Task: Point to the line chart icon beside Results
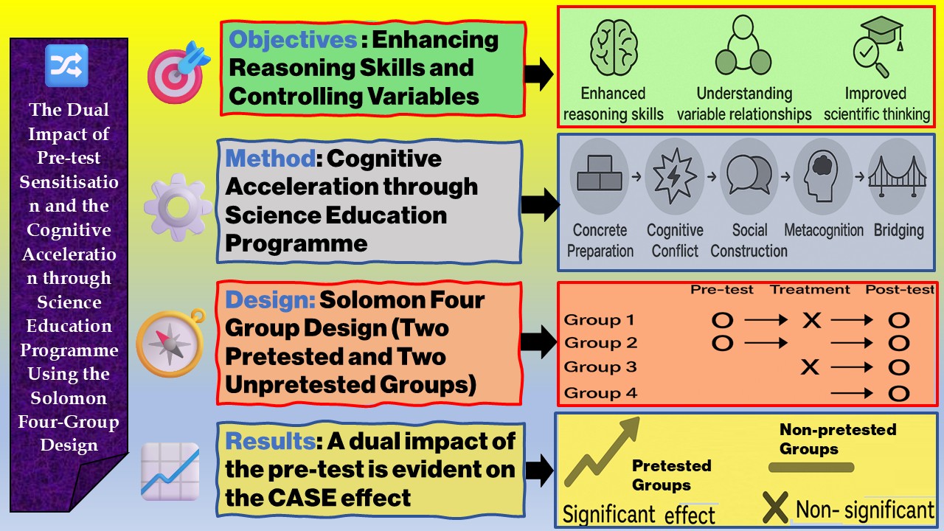tap(170, 472)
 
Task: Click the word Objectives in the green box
tap(292, 41)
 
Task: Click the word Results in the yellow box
tap(270, 441)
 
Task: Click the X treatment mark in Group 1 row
tap(811, 320)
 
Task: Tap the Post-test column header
tap(900, 290)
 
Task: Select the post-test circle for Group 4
tap(898, 393)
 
